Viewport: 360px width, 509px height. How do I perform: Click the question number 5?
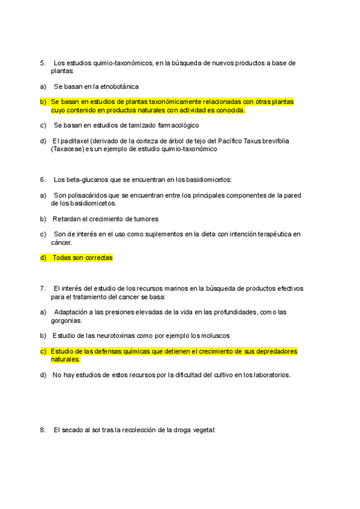click(x=43, y=63)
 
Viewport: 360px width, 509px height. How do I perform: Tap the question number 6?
click(x=43, y=179)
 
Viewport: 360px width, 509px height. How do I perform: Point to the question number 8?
click(x=43, y=430)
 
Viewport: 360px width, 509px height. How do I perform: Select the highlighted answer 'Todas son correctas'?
click(x=82, y=258)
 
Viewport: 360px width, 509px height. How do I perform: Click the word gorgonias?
click(x=65, y=320)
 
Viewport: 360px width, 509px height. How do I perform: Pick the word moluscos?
click(x=215, y=336)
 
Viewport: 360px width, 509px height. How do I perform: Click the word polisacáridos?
click(x=87, y=195)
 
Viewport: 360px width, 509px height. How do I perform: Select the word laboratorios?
click(x=269, y=375)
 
